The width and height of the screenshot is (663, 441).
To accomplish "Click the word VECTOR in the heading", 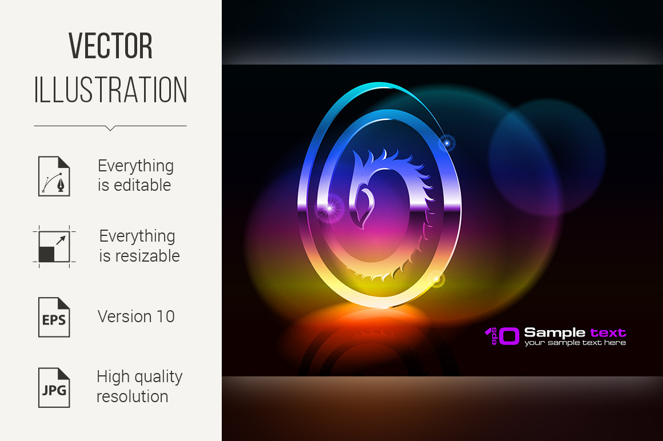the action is click(110, 46).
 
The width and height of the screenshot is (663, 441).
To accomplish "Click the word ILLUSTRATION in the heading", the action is click(110, 90).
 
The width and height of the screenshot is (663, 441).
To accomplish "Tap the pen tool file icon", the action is click(54, 176).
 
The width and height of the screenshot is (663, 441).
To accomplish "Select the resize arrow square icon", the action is click(54, 247).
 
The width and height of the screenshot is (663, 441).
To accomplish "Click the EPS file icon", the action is click(54, 317).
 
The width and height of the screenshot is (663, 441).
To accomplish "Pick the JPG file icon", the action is click(54, 388).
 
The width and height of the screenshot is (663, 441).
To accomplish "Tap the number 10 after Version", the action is click(166, 316).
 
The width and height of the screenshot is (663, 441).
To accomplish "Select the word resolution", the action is click(133, 396).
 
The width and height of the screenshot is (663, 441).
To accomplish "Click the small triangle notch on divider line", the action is click(110, 128).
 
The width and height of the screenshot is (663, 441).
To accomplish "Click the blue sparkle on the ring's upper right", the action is click(446, 143).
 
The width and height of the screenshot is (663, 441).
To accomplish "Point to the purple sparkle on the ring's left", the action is click(329, 209).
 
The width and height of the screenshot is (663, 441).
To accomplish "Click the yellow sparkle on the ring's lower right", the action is click(437, 279).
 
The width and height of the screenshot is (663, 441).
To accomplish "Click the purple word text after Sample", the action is click(608, 332).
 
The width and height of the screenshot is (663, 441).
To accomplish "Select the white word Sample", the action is click(555, 333).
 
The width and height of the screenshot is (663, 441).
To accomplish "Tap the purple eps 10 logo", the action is click(502, 336).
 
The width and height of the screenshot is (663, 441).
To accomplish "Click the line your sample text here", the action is click(575, 343).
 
